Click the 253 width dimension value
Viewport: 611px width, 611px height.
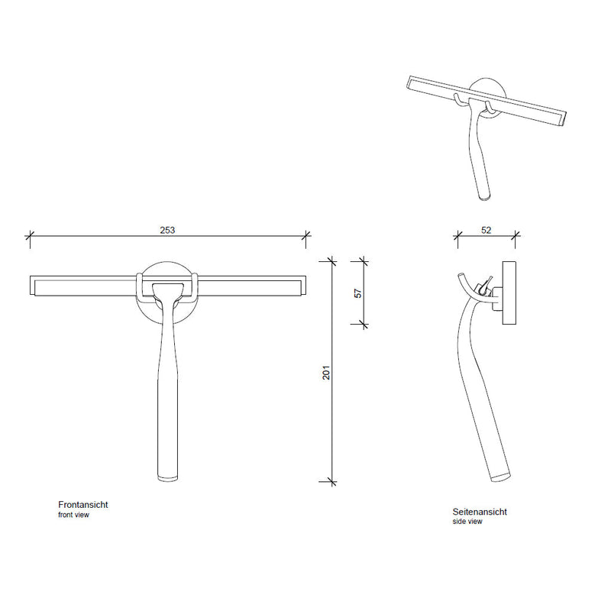coord(167,231)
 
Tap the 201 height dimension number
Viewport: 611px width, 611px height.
coord(326,373)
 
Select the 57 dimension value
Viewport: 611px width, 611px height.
coord(357,293)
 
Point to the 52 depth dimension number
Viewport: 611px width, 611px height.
coord(486,231)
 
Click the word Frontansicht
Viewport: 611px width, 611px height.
coord(83,505)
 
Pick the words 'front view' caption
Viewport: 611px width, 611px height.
coord(73,515)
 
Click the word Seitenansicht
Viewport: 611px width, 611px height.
coord(480,512)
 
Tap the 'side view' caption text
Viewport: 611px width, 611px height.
coord(467,522)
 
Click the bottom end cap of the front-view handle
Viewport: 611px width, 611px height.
coord(168,478)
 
